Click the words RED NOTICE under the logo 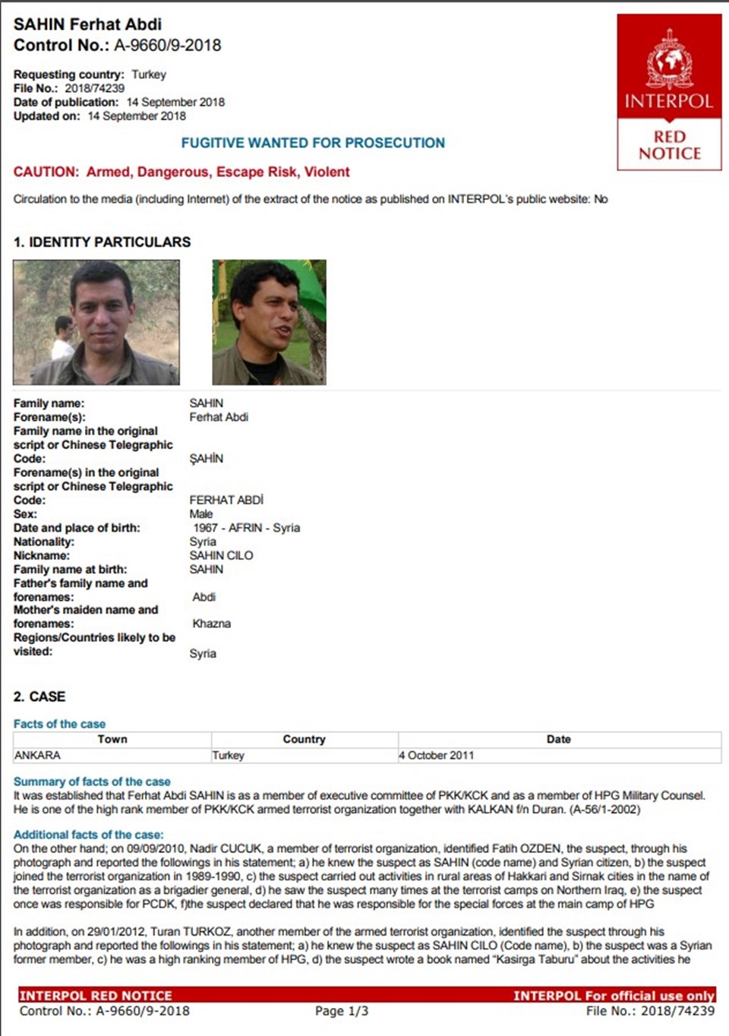point(669,145)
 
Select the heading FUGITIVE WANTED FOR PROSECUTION point(313,143)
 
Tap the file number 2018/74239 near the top point(94,88)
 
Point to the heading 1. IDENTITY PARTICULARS point(102,242)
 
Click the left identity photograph point(96,322)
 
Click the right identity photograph point(269,322)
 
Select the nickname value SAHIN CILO point(221,555)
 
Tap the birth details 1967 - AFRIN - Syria point(246,528)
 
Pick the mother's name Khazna point(211,624)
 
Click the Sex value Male point(200,514)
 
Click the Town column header point(112,739)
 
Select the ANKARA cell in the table point(37,755)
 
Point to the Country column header point(304,739)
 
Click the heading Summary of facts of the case point(92,782)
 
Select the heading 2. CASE point(39,696)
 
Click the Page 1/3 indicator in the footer point(341,1011)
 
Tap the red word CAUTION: point(46,172)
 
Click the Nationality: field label point(44,542)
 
